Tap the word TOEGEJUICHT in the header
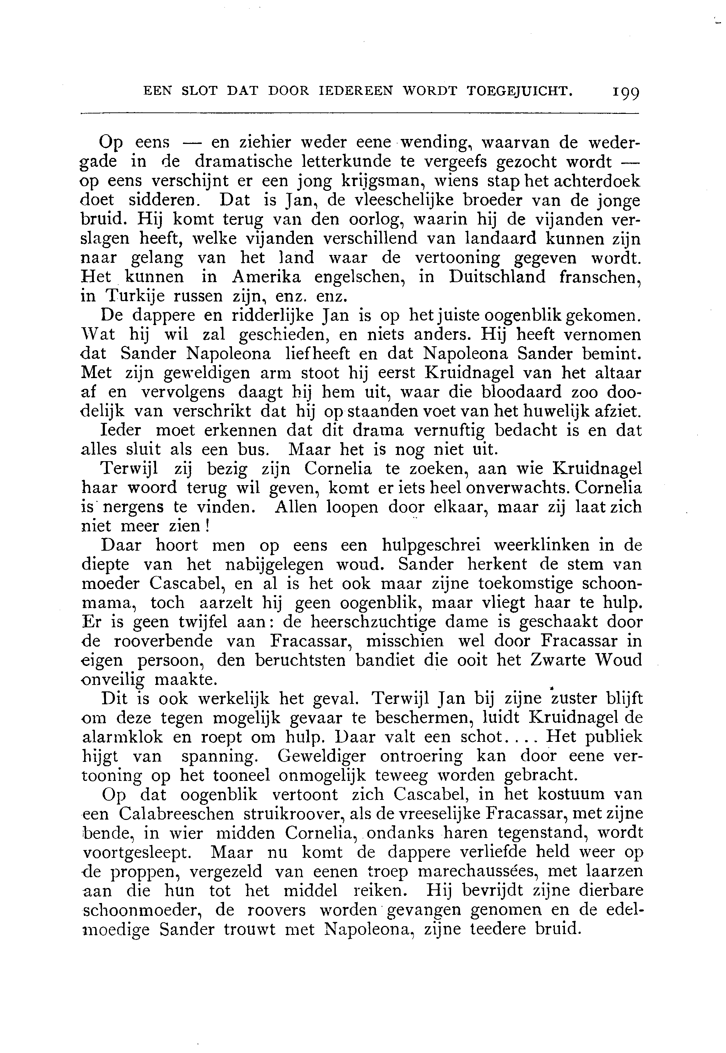coord(519,91)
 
